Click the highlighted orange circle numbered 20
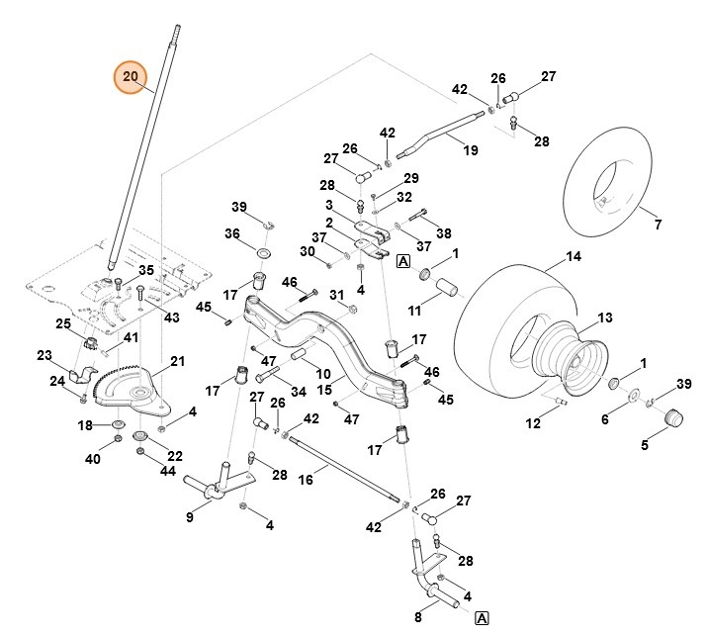[x=131, y=77]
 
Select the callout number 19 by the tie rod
[x=471, y=150]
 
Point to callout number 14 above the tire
[x=574, y=257]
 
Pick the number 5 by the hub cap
[x=645, y=445]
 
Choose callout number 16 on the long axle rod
[x=306, y=479]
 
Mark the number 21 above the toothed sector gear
[x=178, y=362]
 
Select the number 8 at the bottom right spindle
[x=418, y=617]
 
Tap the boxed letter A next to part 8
[x=482, y=618]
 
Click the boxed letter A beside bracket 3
[x=402, y=261]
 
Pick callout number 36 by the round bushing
[x=233, y=233]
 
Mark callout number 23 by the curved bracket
[x=44, y=356]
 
